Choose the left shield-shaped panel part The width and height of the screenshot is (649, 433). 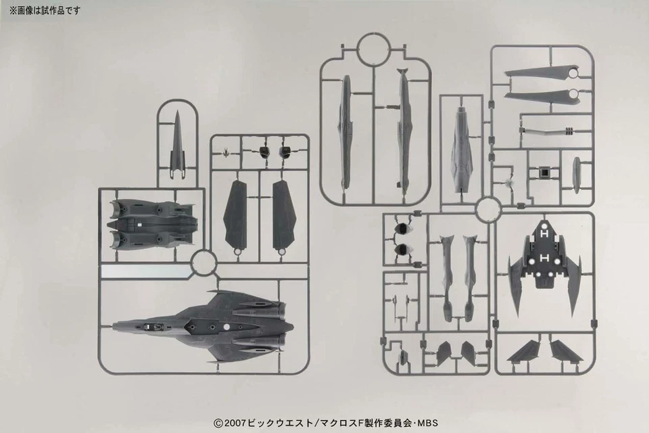click(x=236, y=214)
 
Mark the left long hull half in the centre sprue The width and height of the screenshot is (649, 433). click(x=345, y=131)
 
